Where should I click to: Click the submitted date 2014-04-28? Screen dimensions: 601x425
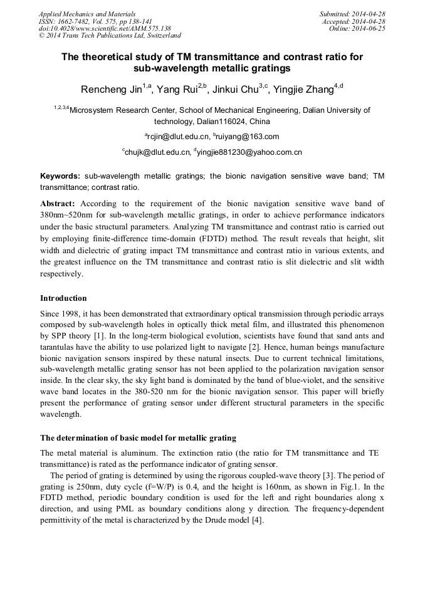pos(367,14)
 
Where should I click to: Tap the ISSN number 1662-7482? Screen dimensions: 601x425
pos(72,21)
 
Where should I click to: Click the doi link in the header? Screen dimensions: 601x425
pos(105,28)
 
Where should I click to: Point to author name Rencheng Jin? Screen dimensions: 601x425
pos(109,90)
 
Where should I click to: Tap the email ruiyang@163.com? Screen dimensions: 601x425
pos(248,137)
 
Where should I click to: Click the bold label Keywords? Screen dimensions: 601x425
pos(60,177)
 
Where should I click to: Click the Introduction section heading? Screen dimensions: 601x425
pos(63,298)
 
